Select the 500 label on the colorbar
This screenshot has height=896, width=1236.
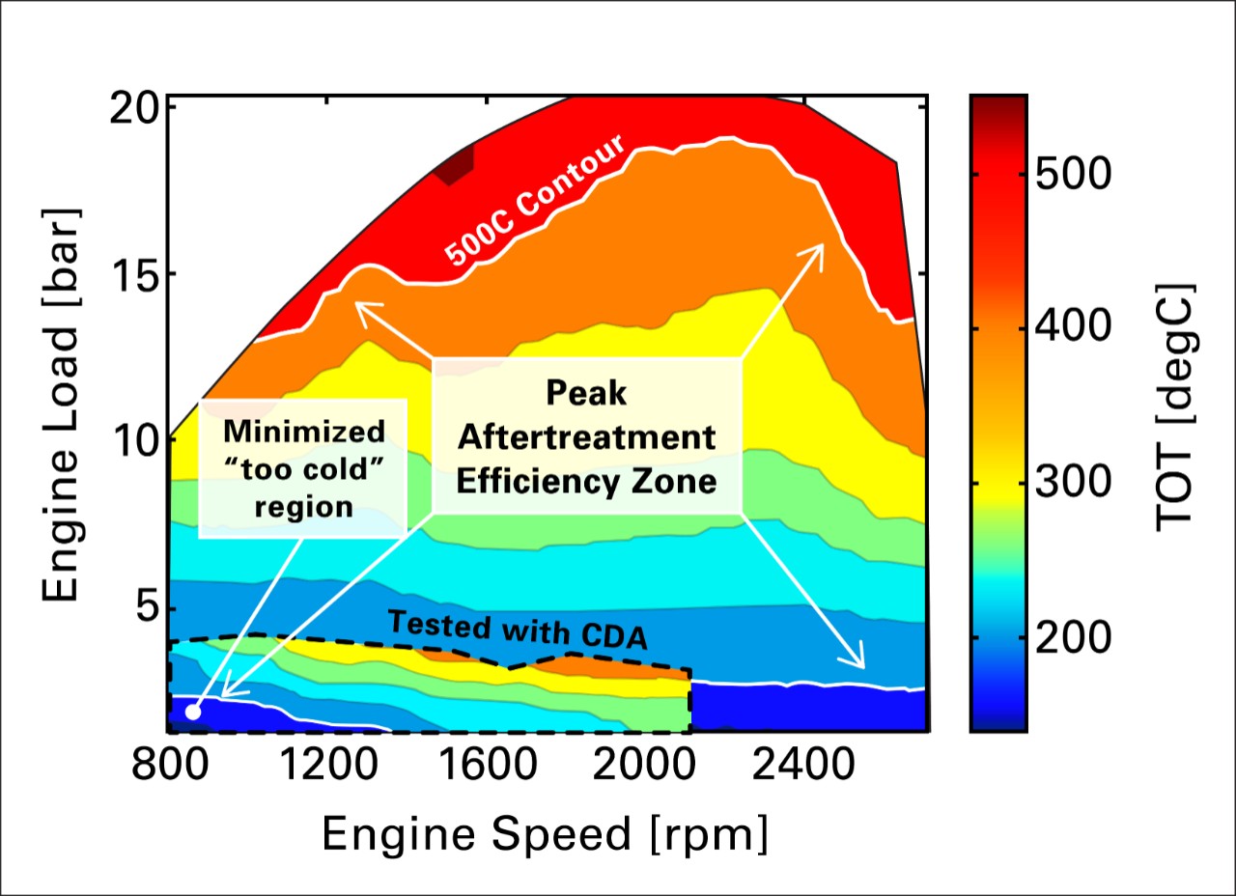[x=1072, y=175]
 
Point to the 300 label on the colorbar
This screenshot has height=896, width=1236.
[x=1072, y=484]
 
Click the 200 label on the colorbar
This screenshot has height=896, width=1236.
[x=1072, y=638]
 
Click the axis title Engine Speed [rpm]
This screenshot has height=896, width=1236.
[x=546, y=834]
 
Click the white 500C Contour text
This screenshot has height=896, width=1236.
[x=536, y=200]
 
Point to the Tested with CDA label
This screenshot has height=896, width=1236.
[x=517, y=629]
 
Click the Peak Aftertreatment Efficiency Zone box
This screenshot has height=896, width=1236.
[x=586, y=435]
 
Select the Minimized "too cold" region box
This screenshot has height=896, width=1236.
[x=301, y=468]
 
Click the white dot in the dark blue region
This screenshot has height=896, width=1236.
[x=193, y=712]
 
